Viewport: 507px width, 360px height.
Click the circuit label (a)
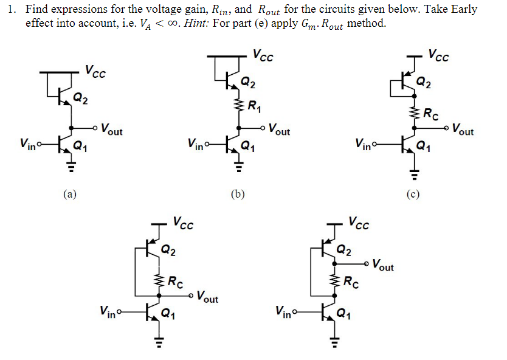(x=70, y=195)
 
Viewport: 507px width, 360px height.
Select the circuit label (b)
(x=238, y=195)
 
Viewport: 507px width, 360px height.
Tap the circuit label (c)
(x=413, y=195)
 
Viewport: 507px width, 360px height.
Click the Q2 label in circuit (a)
(x=79, y=97)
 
